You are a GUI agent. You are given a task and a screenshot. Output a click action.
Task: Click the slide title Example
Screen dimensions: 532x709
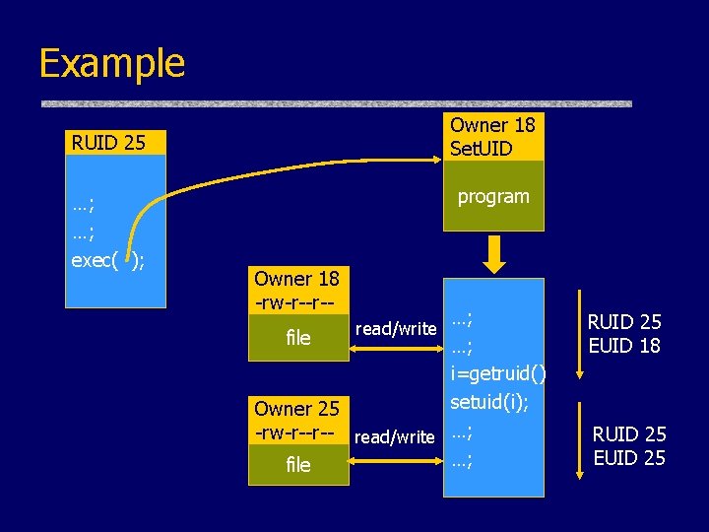point(111,63)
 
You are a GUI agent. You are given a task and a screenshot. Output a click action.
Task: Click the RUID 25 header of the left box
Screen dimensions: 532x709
point(108,143)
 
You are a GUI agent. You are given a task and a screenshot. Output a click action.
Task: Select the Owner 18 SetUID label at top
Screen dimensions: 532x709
point(492,137)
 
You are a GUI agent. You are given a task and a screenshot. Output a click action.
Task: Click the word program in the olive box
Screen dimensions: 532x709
point(493,196)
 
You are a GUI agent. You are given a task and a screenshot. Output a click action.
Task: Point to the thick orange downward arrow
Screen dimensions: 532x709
point(494,255)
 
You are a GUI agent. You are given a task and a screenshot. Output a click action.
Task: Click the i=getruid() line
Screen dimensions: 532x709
point(498,373)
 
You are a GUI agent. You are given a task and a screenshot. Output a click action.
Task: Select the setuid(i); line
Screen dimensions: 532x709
point(489,402)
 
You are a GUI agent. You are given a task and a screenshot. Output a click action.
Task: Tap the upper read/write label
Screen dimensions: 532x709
point(395,328)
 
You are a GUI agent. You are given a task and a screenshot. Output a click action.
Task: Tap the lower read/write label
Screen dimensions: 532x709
point(395,436)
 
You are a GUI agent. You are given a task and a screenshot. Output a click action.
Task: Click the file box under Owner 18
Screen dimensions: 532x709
point(297,337)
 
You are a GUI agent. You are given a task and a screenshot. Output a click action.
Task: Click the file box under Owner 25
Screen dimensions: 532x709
point(297,464)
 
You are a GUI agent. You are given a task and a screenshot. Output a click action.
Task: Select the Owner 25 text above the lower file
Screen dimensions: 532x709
point(296,408)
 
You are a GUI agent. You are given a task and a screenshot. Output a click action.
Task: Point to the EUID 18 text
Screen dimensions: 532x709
point(624,345)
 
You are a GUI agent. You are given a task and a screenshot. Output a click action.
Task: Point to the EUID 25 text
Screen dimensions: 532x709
point(628,457)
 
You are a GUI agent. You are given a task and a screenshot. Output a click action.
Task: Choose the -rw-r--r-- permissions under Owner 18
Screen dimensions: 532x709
point(296,301)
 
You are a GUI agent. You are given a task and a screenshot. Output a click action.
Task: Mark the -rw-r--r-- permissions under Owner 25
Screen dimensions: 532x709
point(296,431)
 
